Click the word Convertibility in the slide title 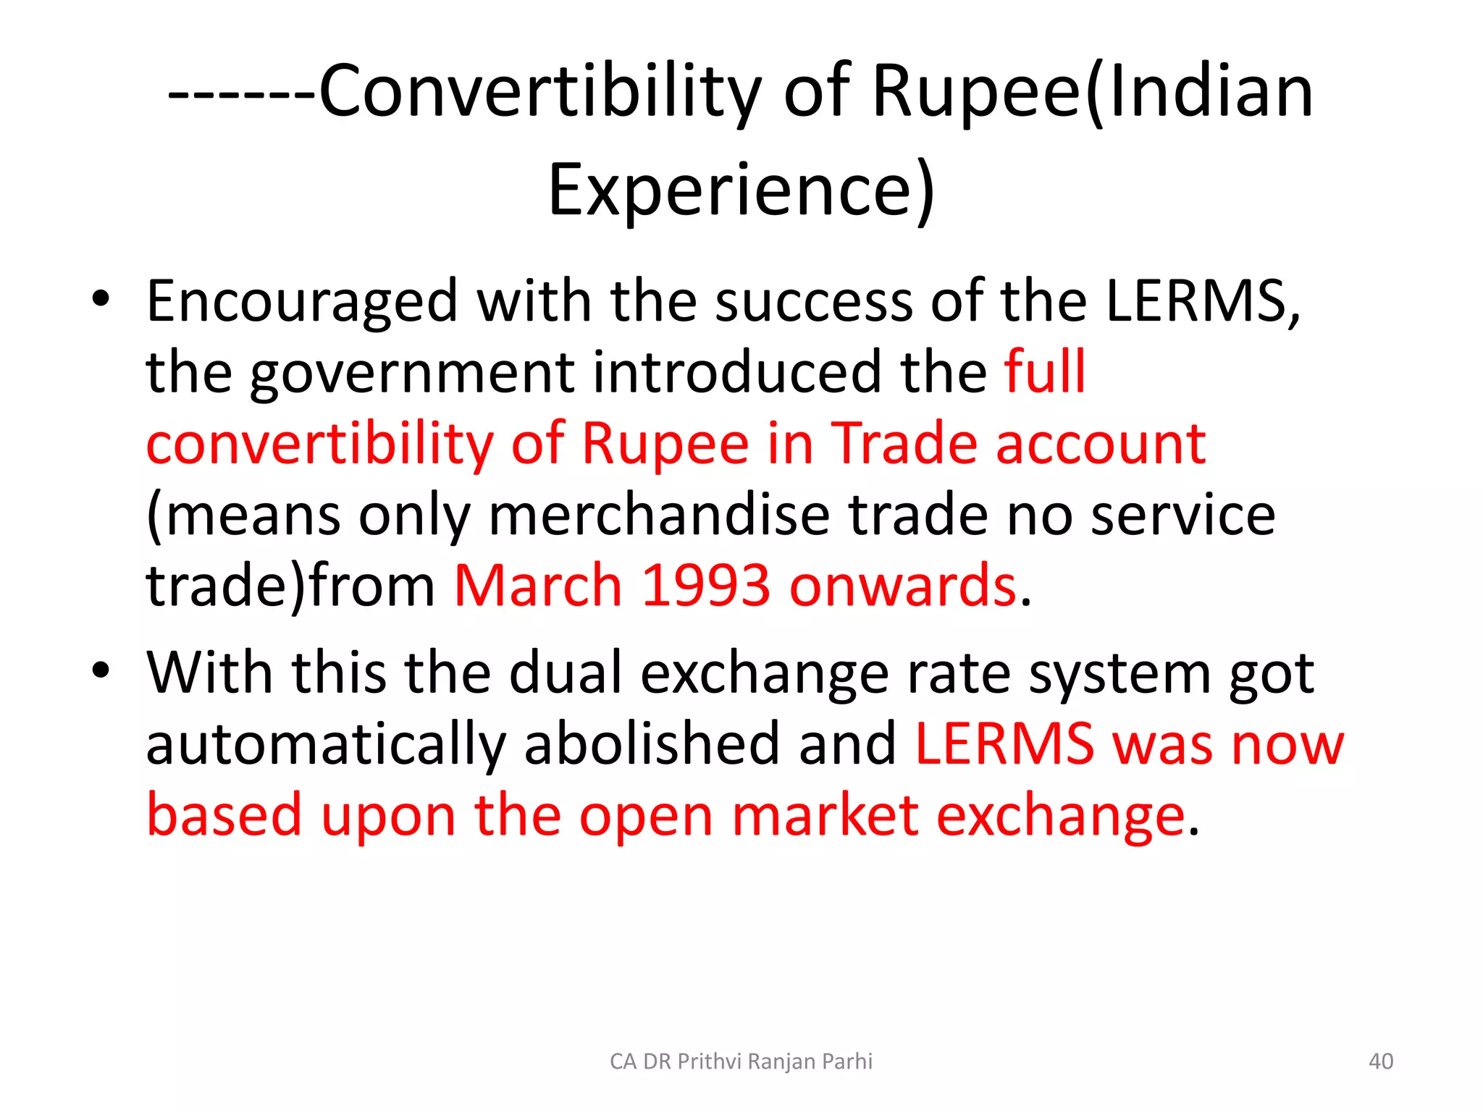[539, 92]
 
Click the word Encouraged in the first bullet [302, 302]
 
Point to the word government [412, 374]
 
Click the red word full [1044, 371]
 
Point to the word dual [566, 673]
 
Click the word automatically [325, 745]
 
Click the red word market [825, 816]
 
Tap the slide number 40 [1380, 1061]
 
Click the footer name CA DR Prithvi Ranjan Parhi [741, 1061]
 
